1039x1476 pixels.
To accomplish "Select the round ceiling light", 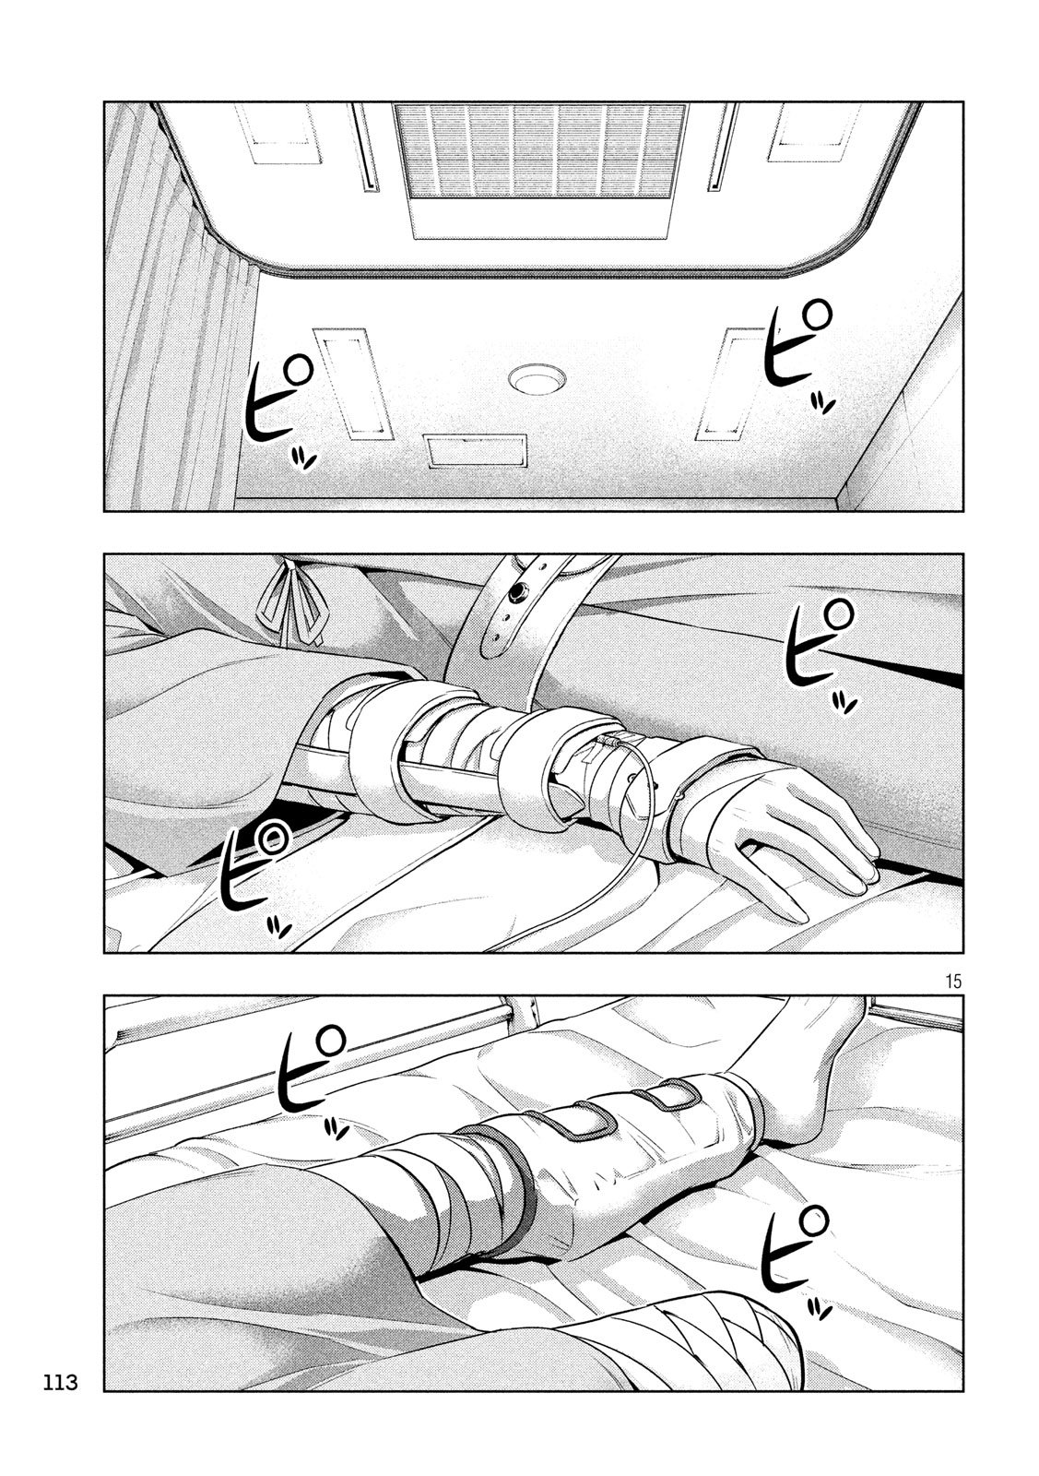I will pyautogui.click(x=529, y=378).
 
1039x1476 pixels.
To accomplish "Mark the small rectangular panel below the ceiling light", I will pyautogui.click(x=477, y=450).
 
